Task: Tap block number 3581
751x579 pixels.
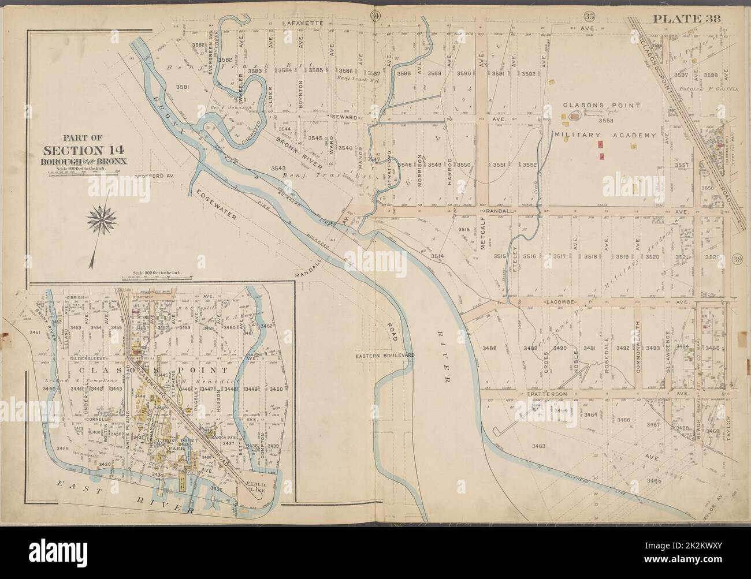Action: [x=183, y=87]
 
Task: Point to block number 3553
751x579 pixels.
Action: [x=605, y=121]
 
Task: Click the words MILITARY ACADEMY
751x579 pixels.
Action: [x=605, y=136]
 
